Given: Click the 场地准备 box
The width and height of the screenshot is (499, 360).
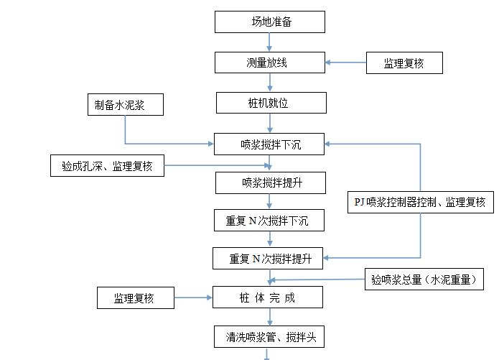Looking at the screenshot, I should pos(269,22).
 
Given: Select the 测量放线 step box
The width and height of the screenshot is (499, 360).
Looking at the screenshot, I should pos(269,63).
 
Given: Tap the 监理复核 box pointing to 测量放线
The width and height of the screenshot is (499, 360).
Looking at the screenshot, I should pos(404,63).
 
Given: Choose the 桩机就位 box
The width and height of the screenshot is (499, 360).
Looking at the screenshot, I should pos(269,103).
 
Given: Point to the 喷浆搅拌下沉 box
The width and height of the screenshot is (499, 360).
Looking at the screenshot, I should pos(269,144).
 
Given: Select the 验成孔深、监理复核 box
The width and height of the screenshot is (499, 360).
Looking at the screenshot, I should pos(107,166).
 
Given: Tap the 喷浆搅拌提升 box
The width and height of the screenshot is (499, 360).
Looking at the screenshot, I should pos(271,183).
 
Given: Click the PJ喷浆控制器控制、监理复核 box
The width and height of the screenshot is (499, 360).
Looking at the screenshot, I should pos(420,202).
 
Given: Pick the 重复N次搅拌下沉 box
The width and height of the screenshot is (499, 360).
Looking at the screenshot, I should pos(269,221).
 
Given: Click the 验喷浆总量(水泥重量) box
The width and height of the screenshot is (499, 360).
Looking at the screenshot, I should pos(419,279).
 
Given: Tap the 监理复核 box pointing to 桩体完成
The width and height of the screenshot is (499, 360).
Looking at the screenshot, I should pos(136,297).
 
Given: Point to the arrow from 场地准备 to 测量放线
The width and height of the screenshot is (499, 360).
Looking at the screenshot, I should pos(269,42).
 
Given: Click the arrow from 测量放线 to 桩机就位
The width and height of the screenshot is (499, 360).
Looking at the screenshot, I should pos(269,83).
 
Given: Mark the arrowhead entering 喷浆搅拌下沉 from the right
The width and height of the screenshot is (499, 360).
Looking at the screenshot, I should pos(329,144).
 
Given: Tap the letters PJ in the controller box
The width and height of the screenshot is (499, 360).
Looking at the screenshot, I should pos(360,203).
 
